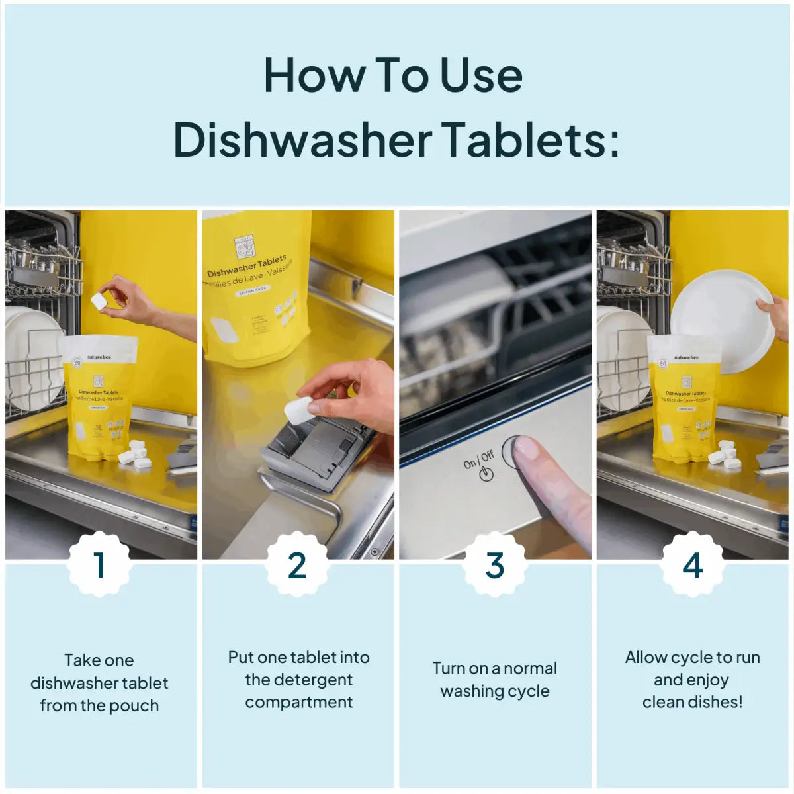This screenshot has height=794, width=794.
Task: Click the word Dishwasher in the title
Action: (x=302, y=139)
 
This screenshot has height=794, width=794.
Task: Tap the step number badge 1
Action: (x=99, y=565)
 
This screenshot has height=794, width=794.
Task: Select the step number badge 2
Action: (x=297, y=565)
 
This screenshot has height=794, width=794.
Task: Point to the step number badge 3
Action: (x=494, y=565)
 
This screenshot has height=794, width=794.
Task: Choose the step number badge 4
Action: (x=692, y=565)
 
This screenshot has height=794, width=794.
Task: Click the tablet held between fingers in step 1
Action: (x=99, y=301)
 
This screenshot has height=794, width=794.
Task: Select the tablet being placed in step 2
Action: (x=298, y=410)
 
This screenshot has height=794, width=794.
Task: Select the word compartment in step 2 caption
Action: (x=298, y=702)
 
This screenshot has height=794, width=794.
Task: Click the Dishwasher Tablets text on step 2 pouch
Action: (x=247, y=265)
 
